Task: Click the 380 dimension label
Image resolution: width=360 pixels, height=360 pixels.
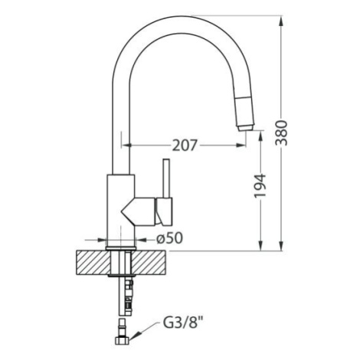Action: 281,133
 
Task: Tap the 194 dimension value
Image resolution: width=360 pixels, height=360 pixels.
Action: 260,186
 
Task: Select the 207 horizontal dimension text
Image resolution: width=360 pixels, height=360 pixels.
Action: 185,146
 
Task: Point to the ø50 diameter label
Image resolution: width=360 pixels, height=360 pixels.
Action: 170,238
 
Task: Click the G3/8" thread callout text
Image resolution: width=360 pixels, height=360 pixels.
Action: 184,323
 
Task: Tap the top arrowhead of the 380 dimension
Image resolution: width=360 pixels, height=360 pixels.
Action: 281,21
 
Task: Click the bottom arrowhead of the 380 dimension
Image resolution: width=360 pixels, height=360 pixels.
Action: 281,246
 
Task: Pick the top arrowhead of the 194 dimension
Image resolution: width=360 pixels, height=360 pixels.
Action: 260,136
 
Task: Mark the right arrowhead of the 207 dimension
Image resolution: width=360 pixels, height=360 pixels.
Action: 241,146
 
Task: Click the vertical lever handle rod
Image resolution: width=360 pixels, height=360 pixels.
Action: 166,178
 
